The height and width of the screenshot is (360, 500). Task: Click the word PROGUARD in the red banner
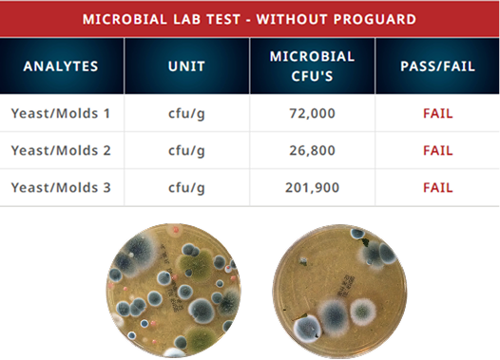375,19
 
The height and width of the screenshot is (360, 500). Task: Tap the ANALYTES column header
61,66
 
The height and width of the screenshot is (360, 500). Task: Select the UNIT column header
186,66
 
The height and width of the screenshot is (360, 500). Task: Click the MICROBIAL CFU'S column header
312,66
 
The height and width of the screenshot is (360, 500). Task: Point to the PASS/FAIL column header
438,66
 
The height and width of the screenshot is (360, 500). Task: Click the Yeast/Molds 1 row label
61,113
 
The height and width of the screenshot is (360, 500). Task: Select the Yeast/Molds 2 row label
61,150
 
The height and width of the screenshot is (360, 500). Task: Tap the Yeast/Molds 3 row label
61,187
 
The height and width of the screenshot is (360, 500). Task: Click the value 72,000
312,114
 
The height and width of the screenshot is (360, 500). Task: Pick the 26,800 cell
312,151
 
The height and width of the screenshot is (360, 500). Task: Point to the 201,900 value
312,188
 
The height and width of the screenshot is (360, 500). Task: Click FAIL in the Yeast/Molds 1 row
438,114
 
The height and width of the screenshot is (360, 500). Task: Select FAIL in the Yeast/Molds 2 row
438,151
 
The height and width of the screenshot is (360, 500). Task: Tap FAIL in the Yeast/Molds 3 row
438,188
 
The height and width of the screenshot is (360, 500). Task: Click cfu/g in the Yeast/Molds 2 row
186,151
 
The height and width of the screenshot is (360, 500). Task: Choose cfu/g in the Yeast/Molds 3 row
186,188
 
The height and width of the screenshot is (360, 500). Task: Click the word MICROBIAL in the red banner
125,19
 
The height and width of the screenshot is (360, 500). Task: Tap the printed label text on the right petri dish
346,286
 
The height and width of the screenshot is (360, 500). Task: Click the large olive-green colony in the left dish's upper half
196,264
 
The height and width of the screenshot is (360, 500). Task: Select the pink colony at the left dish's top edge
175,230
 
